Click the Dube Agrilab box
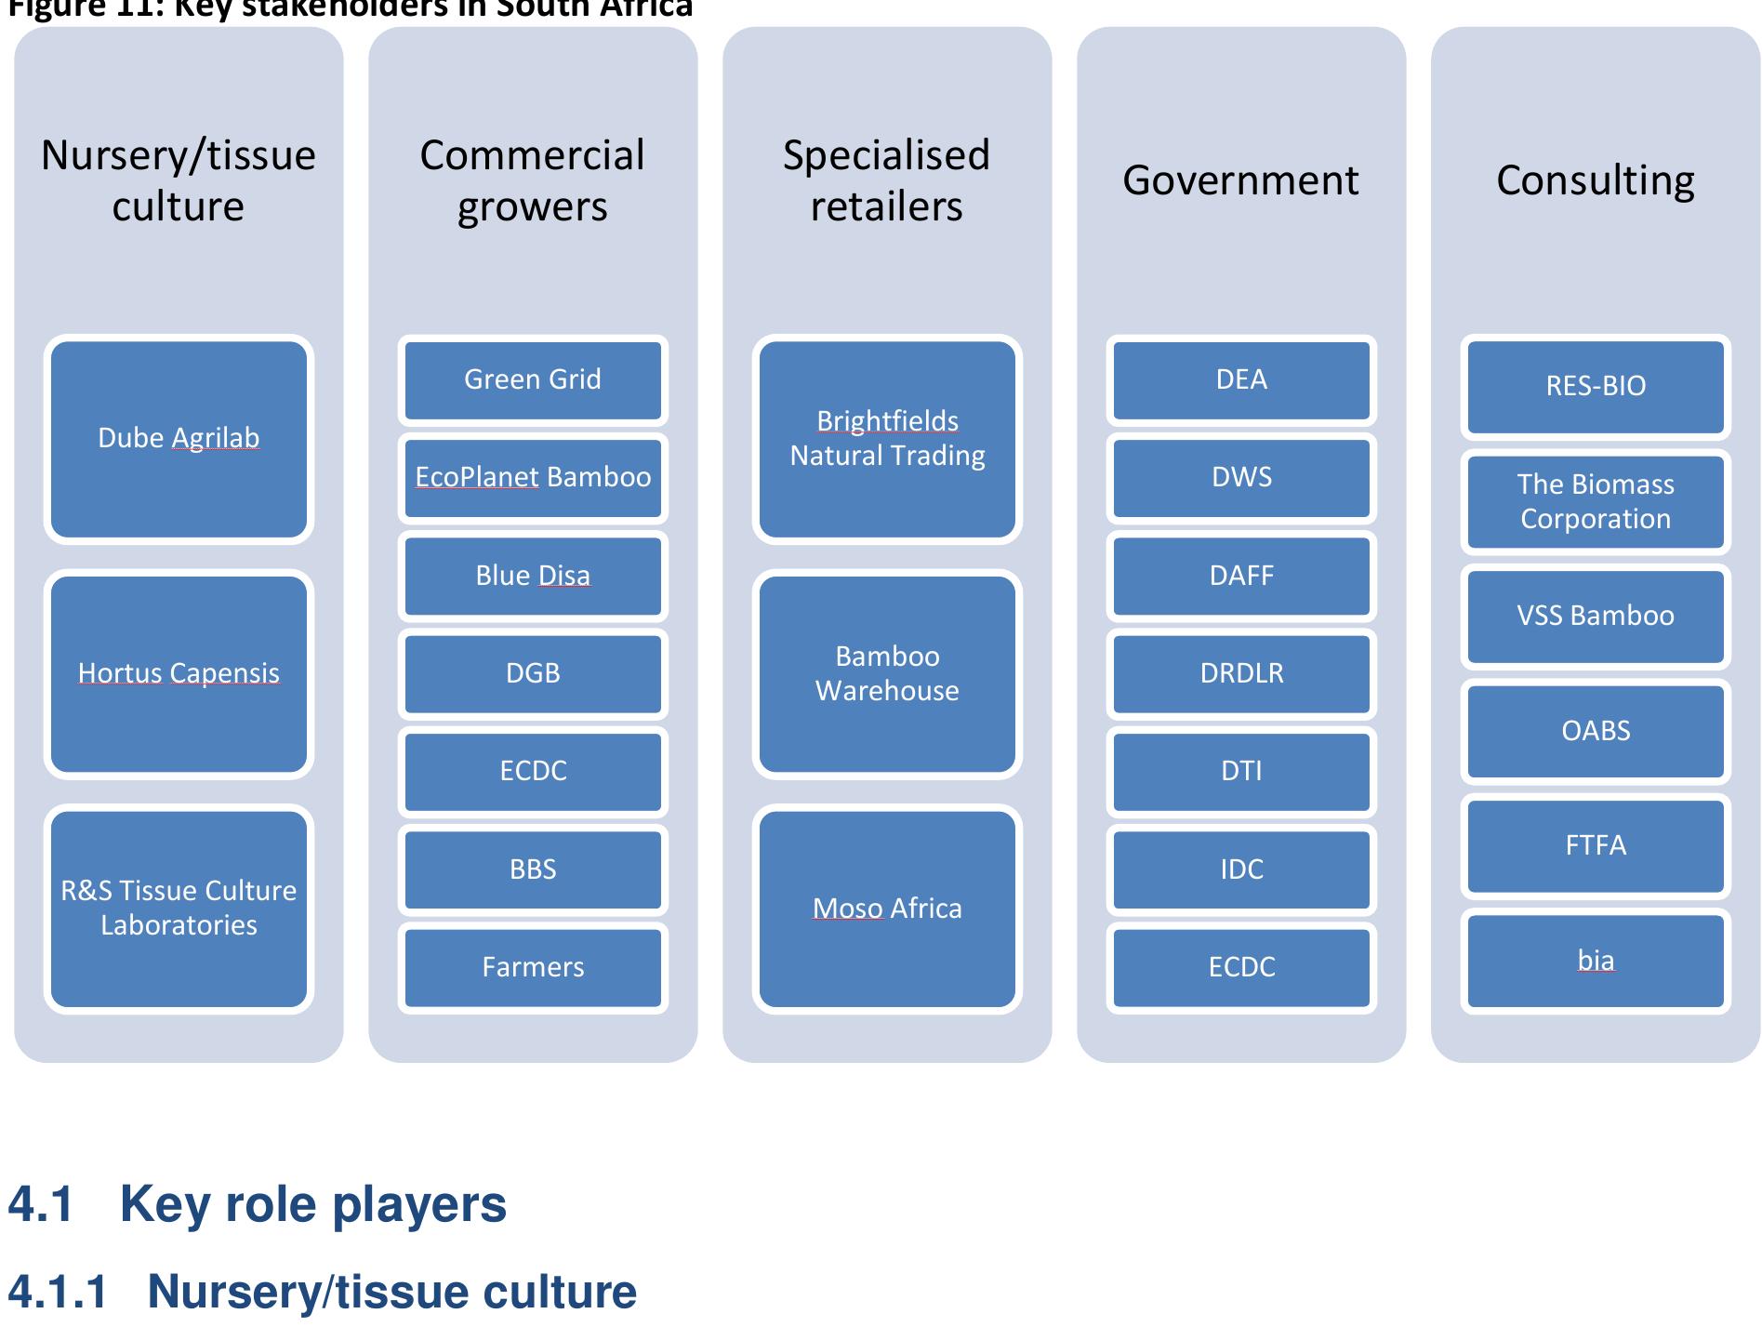(x=179, y=439)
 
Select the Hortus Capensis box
(x=179, y=674)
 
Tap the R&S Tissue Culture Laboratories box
(x=179, y=909)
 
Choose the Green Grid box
(x=533, y=379)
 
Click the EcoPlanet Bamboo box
(x=533, y=478)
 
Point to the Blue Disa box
(x=533, y=576)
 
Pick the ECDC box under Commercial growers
(x=533, y=771)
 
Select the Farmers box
(x=533, y=967)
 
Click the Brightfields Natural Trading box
(x=887, y=439)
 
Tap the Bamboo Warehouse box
(x=887, y=674)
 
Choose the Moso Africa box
(x=887, y=909)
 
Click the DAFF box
(x=1241, y=576)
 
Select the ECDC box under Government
(x=1241, y=967)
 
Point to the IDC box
(x=1241, y=869)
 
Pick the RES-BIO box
(x=1596, y=386)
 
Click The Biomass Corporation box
(x=1596, y=502)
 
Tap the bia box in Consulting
(x=1596, y=961)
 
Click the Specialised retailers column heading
(x=886, y=180)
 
